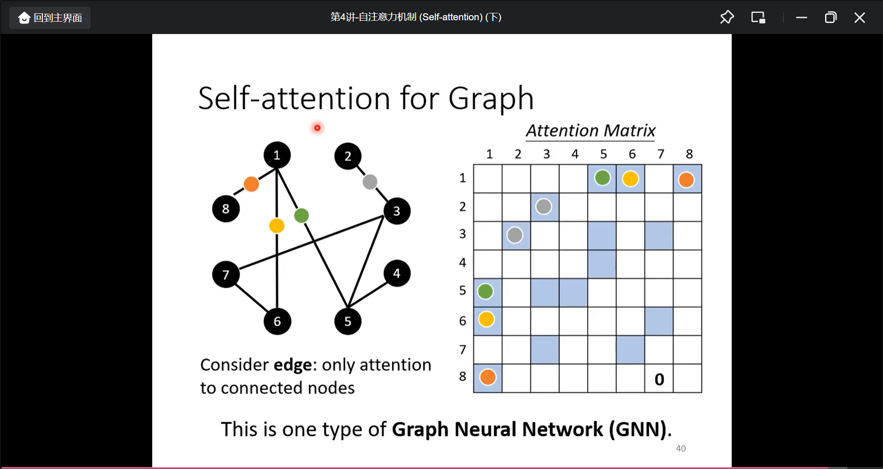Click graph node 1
pos(277,155)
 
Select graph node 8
pos(225,209)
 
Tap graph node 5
pos(348,321)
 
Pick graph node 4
pos(396,274)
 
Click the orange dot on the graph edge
pos(251,184)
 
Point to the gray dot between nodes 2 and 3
pos(370,182)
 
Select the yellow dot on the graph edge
pos(277,226)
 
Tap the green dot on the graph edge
pos(301,215)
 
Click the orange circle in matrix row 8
pos(488,377)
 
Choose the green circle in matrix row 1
pos(602,177)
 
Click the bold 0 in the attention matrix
pos(659,379)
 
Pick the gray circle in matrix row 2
pos(544,206)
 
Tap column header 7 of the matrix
pos(661,154)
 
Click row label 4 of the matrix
pos(463,263)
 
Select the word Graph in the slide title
pos(491,98)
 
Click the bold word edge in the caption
pos(292,365)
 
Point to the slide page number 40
pos(681,448)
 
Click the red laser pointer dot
pos(317,128)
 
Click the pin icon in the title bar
pos(727,17)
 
